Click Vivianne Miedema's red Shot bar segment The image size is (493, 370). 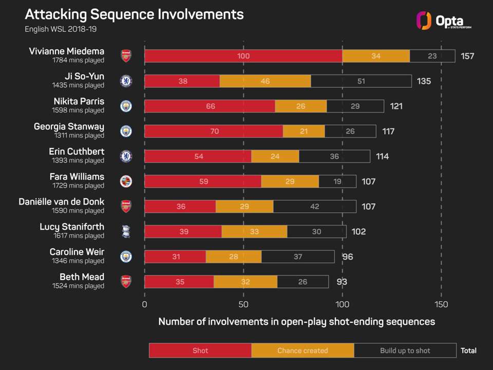[243, 56]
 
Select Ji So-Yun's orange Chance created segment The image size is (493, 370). [265, 81]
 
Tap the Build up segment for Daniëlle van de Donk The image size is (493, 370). [314, 207]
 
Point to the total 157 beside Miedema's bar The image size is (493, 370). [467, 56]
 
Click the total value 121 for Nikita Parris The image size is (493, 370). [395, 106]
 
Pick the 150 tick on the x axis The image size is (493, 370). [441, 304]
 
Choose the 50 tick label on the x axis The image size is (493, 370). [243, 304]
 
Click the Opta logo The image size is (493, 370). [443, 21]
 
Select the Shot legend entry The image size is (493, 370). [200, 350]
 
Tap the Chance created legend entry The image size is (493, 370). [302, 350]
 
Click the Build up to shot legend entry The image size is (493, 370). [405, 350]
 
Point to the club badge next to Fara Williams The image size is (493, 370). [126, 181]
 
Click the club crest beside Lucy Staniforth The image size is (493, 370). [126, 232]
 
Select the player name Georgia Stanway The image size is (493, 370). [69, 126]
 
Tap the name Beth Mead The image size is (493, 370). [83, 277]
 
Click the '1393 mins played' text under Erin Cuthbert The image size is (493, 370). [78, 161]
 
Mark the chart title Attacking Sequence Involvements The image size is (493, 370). [134, 14]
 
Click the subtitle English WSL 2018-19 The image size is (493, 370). [61, 29]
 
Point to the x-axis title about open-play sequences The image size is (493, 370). [296, 322]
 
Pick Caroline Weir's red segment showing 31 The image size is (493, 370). [175, 257]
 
